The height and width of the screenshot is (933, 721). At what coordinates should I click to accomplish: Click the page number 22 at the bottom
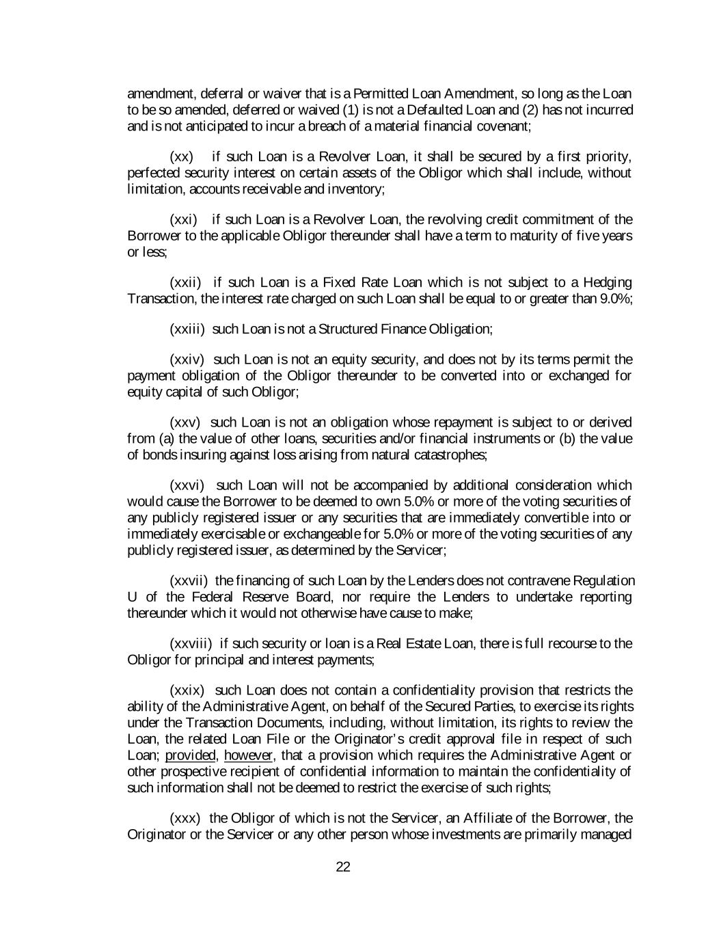point(343,867)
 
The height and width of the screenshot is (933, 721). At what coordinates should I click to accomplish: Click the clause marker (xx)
point(181,157)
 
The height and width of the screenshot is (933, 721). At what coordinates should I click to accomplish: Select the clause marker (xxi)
point(183,219)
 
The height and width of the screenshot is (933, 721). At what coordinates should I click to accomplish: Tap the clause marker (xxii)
point(185,282)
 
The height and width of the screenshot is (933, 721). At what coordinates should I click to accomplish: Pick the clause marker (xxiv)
point(187,360)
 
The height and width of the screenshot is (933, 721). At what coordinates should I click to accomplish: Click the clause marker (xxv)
point(185,422)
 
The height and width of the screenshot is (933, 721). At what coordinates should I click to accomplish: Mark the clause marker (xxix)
point(187,690)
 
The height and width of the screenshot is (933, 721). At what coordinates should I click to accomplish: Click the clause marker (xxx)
point(185,818)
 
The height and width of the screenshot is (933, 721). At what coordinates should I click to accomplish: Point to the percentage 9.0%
point(615,299)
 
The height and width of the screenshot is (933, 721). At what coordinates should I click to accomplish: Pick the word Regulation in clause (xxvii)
point(604,581)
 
